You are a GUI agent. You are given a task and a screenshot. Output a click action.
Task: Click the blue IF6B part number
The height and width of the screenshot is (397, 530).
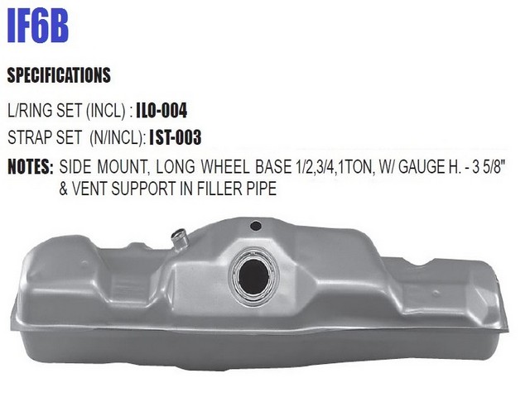[x=37, y=26]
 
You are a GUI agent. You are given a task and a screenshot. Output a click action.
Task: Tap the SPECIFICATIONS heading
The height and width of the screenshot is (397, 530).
[x=59, y=75]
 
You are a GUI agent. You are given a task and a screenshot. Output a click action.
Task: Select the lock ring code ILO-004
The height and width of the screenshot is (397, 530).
[x=161, y=110]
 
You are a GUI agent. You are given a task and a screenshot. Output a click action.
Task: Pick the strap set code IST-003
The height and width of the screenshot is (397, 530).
[x=175, y=137]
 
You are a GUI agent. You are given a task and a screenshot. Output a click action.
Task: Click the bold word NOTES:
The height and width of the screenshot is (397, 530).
[x=31, y=166]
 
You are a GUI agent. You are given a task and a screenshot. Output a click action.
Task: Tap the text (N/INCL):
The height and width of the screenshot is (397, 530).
[x=118, y=137]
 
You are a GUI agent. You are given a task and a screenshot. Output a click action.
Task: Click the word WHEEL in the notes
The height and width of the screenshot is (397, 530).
[x=225, y=167]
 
